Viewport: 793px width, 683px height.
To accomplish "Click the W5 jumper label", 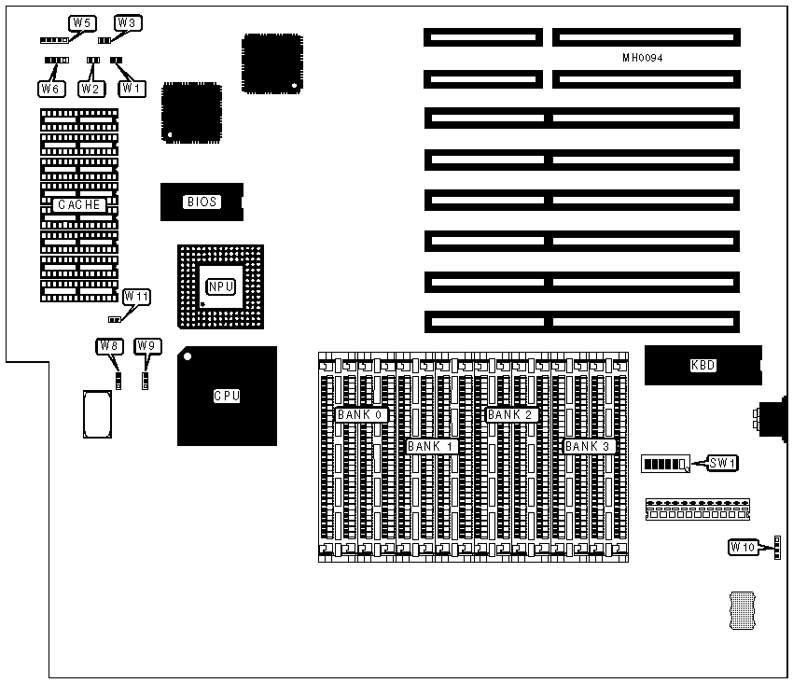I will pos(83,22).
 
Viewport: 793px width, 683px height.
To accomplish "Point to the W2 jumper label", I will pos(90,89).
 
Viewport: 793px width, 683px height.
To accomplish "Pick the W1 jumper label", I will pos(132,89).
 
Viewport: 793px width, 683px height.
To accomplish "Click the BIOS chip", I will pos(202,202).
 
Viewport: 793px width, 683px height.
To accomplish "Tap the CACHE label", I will pos(78,204).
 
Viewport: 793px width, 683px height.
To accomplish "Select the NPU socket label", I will pos(220,286).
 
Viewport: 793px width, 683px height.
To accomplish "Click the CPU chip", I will pos(227,396).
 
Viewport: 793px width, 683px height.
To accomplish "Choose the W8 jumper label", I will pos(109,346).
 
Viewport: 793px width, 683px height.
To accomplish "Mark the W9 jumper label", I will pos(147,346).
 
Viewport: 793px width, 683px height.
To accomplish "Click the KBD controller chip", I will pos(703,365).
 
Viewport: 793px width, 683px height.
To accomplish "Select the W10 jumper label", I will pos(743,547).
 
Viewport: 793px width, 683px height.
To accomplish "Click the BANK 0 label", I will pos(360,414).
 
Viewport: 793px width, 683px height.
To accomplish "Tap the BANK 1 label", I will pos(430,446).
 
